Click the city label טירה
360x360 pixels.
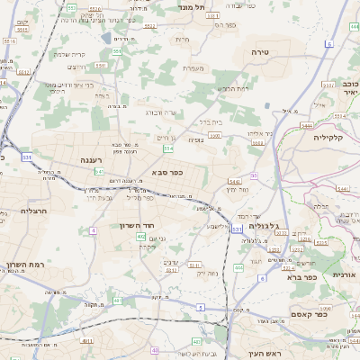click(x=260, y=53)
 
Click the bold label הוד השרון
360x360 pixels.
click(x=139, y=225)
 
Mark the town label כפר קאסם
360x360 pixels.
click(x=309, y=313)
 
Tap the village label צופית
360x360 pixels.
click(x=195, y=139)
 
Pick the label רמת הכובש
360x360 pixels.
click(x=233, y=88)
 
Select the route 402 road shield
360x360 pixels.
click(x=140, y=236)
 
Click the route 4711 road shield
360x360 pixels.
click(x=87, y=341)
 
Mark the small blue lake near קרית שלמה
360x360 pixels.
click(x=107, y=38)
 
